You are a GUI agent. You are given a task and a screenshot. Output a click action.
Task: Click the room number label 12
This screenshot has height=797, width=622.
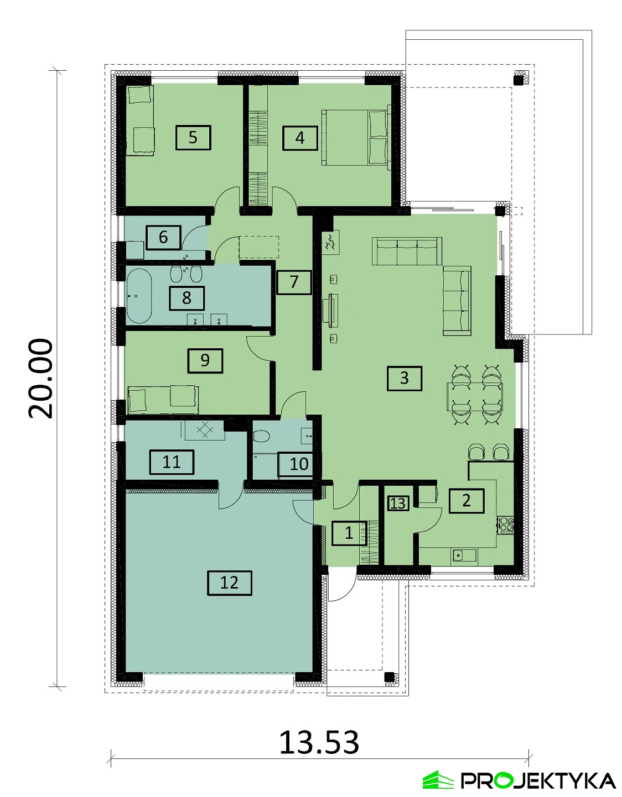[230, 583]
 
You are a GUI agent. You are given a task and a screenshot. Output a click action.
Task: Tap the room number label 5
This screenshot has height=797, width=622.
[193, 138]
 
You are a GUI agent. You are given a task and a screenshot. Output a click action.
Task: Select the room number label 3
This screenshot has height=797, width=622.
[405, 378]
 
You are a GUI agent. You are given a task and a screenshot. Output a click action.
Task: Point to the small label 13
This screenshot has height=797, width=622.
[398, 503]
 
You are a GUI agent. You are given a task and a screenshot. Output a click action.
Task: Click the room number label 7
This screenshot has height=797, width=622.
[294, 282]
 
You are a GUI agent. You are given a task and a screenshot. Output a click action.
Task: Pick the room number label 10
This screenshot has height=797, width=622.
[299, 464]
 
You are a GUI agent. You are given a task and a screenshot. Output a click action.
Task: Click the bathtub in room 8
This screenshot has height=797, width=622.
[139, 296]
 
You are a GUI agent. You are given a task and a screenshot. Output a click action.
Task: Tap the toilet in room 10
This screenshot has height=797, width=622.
[261, 437]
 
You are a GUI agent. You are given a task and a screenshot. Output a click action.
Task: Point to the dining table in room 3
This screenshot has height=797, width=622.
[475, 396]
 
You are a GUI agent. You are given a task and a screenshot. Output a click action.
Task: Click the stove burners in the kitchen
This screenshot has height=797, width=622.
[505, 525]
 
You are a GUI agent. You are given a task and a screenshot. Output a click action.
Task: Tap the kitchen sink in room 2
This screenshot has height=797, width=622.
[464, 557]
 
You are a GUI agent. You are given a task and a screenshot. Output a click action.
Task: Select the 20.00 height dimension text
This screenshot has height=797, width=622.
[40, 378]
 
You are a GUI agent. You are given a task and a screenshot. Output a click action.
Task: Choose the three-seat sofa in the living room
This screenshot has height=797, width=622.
[407, 251]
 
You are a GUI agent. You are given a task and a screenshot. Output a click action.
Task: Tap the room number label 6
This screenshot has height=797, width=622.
[163, 238]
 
